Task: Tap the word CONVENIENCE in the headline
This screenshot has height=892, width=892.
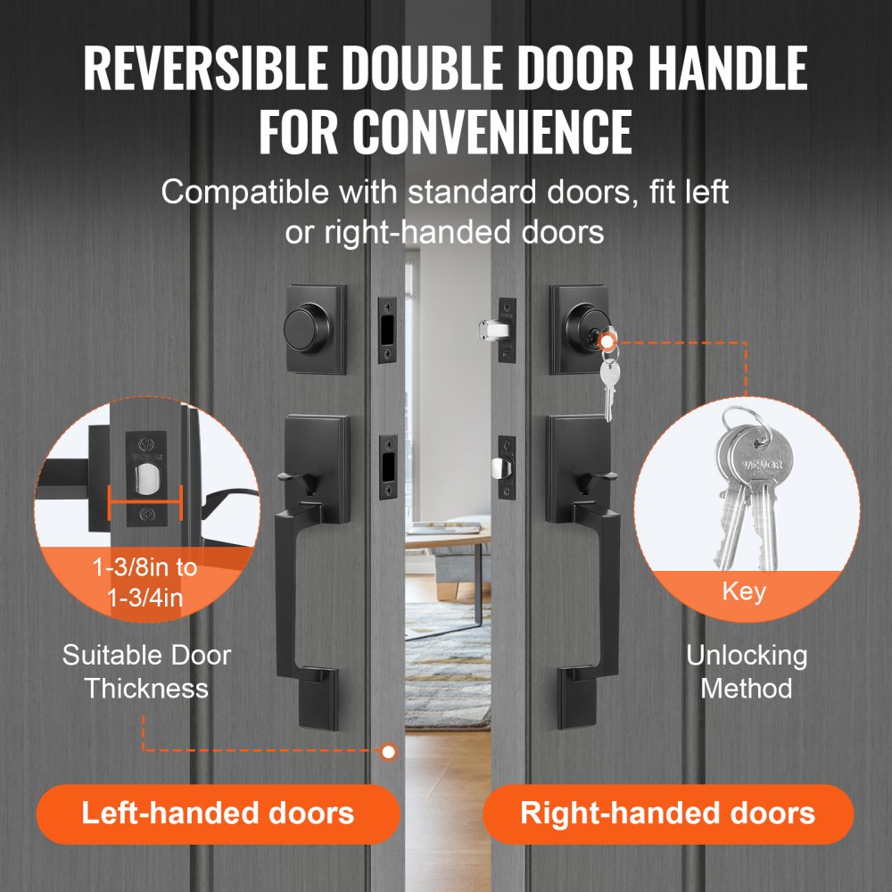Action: [492, 131]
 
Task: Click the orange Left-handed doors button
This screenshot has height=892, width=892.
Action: [218, 814]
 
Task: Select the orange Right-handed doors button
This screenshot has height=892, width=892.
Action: [667, 814]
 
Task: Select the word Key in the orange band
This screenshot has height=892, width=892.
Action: [743, 591]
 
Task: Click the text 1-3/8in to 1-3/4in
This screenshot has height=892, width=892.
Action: [145, 582]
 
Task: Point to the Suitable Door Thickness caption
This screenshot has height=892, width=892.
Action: [147, 672]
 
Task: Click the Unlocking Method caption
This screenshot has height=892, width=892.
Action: [746, 672]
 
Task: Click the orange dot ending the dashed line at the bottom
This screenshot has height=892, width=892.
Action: [388, 752]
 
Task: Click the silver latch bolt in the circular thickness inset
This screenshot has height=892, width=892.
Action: [144, 483]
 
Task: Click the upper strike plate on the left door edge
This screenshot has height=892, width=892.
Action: [388, 330]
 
